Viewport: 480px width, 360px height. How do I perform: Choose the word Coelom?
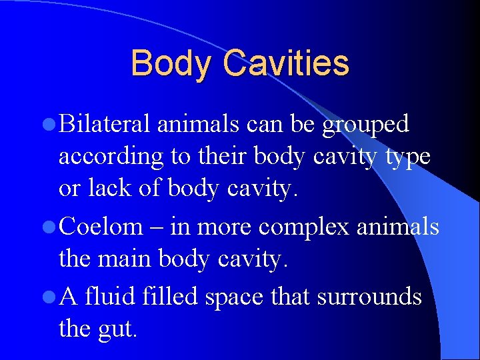(x=101, y=227)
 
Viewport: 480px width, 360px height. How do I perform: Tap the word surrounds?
(x=369, y=295)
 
